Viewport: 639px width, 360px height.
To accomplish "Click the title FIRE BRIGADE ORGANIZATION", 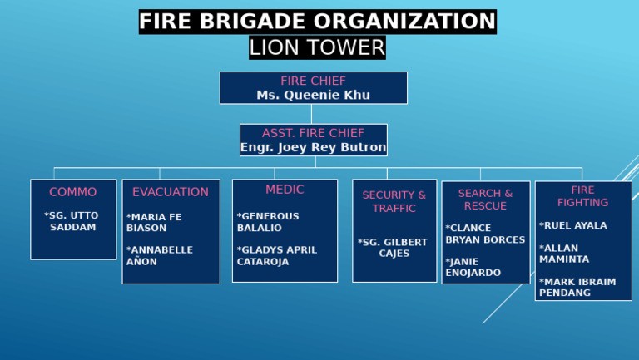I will click(317, 22).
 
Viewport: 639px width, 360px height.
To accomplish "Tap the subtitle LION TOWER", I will click(317, 47).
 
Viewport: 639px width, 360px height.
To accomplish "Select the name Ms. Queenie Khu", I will click(313, 95).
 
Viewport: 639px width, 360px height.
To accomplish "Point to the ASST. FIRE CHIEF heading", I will click(313, 133).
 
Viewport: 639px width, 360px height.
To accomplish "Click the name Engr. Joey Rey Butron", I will click(313, 147).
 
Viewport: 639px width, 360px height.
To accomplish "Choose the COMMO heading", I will click(73, 192).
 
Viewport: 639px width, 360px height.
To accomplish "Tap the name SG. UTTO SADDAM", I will click(72, 221).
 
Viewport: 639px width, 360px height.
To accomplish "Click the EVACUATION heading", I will click(171, 192).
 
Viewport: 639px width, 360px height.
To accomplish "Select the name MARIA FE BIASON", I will click(154, 222).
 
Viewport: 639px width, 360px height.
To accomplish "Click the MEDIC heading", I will click(285, 190).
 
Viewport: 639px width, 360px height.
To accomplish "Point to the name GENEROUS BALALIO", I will click(268, 222).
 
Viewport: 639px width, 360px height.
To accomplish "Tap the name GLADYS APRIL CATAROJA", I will click(277, 255).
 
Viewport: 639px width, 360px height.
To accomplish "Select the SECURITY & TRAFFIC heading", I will click(394, 201).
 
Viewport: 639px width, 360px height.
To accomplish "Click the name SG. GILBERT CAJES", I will click(394, 248).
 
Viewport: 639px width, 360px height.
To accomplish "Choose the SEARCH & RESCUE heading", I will click(485, 200).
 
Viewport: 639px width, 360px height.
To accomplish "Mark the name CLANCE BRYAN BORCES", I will click(485, 234).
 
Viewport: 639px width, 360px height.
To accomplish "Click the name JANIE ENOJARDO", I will click(473, 267).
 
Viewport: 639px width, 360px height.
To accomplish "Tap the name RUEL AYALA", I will click(573, 225).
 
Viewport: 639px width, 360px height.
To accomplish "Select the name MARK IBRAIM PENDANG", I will click(577, 287).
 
